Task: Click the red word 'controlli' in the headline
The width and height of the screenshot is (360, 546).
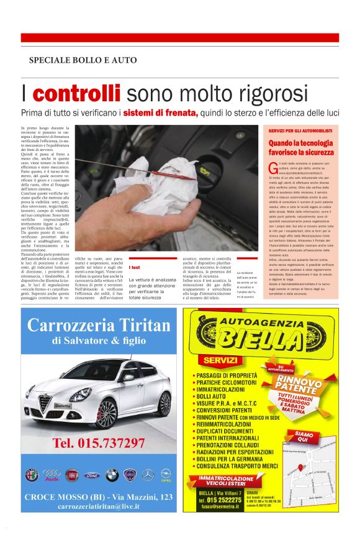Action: point(77,94)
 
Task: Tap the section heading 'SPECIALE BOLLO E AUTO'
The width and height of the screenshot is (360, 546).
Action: point(83,60)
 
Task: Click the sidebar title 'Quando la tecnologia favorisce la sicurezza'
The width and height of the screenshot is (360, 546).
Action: point(301,147)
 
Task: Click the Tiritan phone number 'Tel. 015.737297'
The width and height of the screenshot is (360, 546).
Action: point(99,443)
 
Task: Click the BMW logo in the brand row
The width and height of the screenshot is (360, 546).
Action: point(112,475)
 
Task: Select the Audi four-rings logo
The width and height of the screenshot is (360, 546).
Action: point(52,475)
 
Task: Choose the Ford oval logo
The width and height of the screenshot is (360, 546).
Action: point(92,475)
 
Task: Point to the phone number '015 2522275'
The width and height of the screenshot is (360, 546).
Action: point(220,499)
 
